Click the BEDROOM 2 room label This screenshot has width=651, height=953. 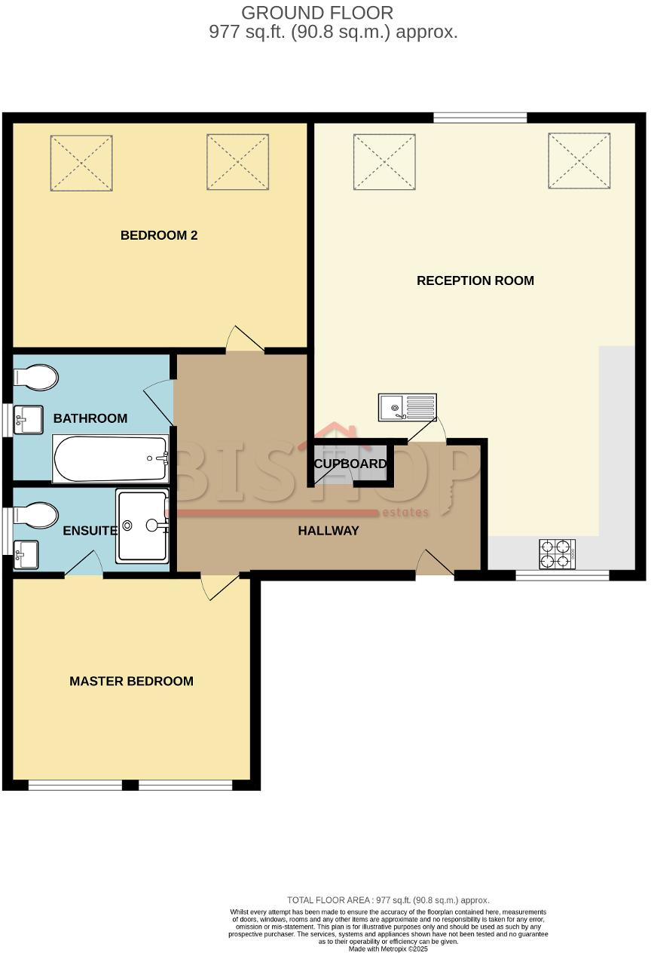click(159, 235)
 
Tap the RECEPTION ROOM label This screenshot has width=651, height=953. click(475, 280)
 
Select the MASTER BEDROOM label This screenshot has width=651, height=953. click(131, 681)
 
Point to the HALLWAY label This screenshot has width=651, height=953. click(329, 531)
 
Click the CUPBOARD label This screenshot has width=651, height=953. click(350, 464)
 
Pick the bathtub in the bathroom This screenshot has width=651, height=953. click(110, 459)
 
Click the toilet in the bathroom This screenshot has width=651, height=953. click(36, 377)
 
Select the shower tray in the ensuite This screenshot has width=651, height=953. click(142, 526)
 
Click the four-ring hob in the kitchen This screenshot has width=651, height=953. click(558, 554)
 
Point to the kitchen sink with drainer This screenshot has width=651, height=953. click(408, 408)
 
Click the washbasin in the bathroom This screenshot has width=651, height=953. click(29, 420)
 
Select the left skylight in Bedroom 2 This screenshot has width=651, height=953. click(81, 163)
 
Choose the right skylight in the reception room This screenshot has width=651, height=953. click(579, 161)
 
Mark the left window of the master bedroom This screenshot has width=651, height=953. click(75, 785)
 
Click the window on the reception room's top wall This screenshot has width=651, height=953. click(480, 117)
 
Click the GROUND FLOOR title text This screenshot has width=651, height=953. click(317, 13)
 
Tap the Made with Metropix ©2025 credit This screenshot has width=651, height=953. click(388, 948)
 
